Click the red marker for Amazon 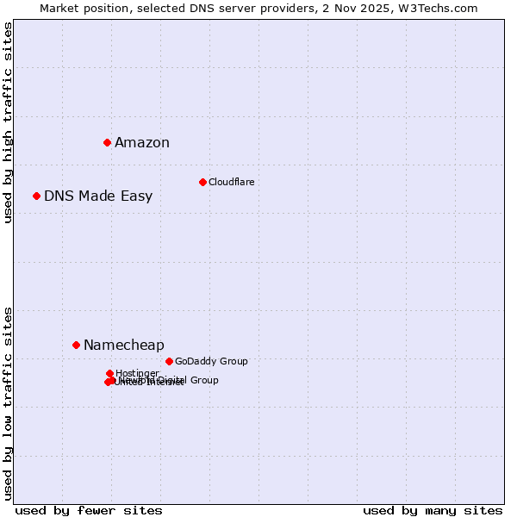coord(107,142)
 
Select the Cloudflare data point coord(202,182)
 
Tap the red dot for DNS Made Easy coord(36,196)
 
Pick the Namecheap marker coord(76,345)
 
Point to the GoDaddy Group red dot coord(169,361)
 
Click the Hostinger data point coord(109,373)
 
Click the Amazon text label coord(142,143)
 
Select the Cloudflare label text coord(231,182)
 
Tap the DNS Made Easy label coord(98,196)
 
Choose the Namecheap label coord(123,346)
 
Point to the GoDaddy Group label coord(211,361)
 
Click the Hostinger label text coord(137,373)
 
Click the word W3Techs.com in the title coord(442,8)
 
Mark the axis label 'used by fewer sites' coord(89,510)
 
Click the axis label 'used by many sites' coord(433,510)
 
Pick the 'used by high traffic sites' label coord(8,122)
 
